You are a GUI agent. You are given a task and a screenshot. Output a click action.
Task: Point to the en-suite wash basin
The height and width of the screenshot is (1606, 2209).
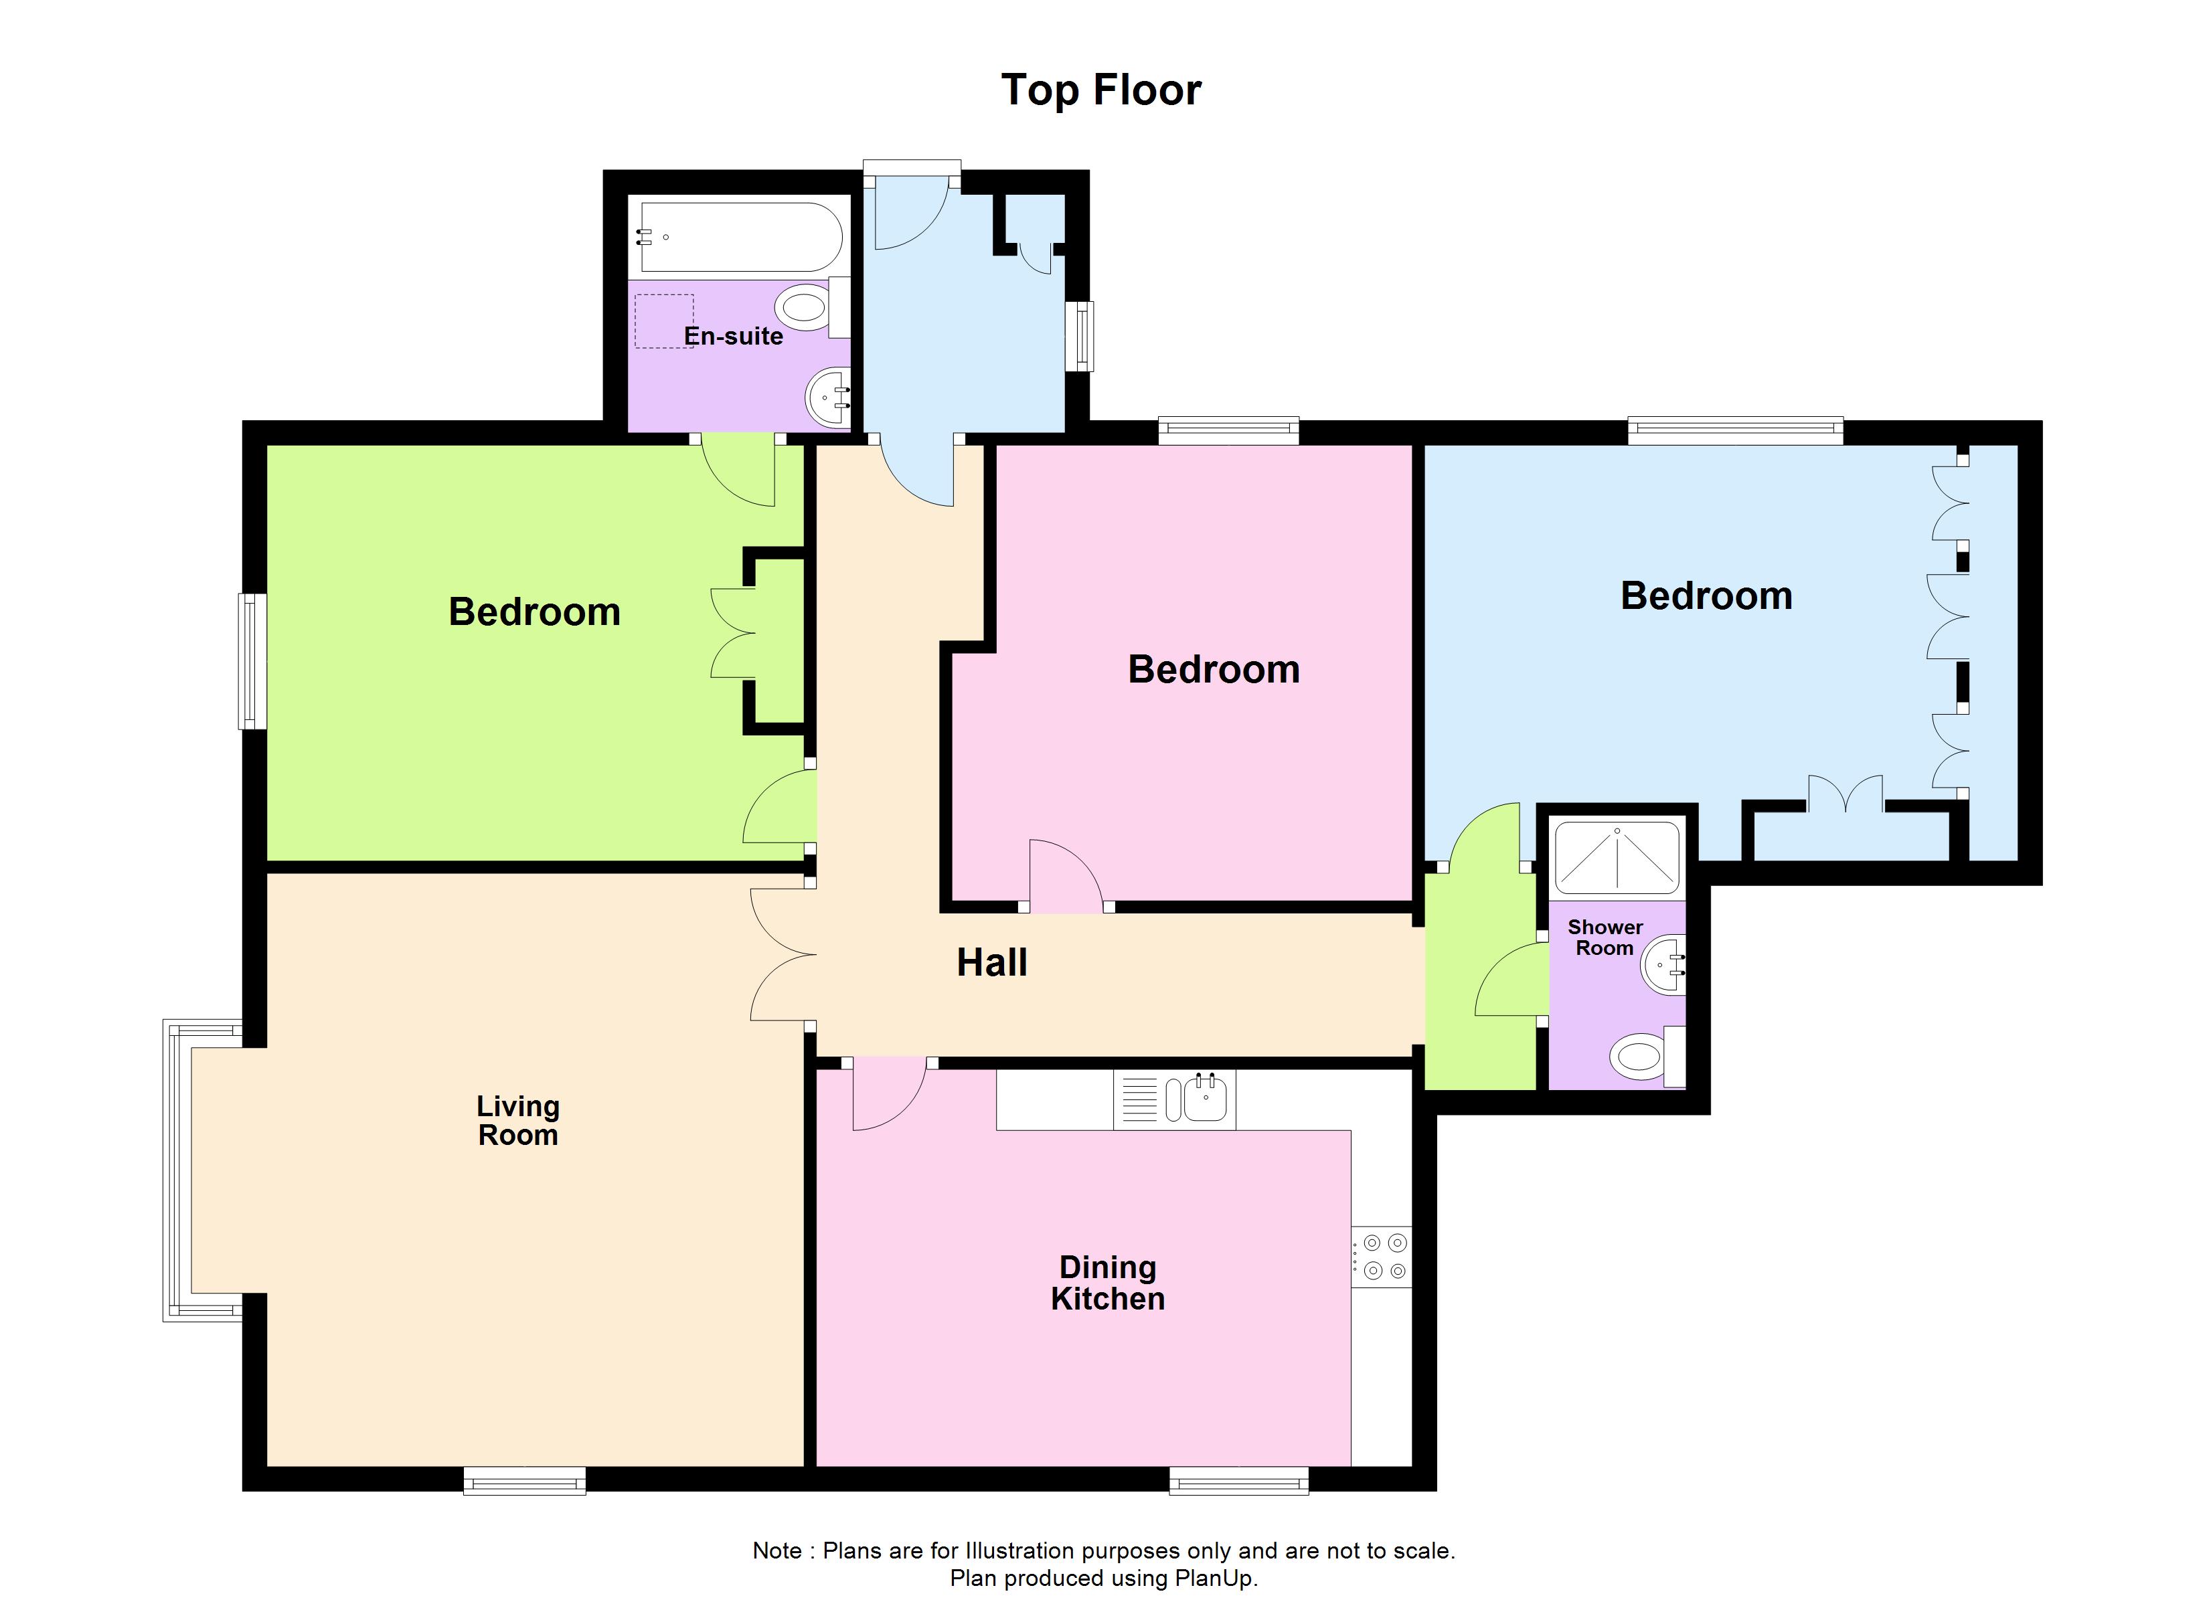pyautogui.click(x=828, y=397)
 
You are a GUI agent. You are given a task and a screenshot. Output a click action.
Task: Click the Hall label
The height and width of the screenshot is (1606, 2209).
pyautogui.click(x=991, y=962)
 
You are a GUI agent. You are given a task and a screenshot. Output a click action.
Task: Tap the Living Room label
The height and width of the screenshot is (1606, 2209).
pyautogui.click(x=517, y=1120)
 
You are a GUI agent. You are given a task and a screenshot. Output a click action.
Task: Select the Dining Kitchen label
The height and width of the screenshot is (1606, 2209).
pyautogui.click(x=1107, y=1283)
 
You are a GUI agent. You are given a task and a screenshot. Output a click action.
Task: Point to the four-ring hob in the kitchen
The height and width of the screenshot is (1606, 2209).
pyautogui.click(x=1383, y=1257)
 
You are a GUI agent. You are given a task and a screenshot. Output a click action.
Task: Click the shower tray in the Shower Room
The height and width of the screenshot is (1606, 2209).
pyautogui.click(x=1617, y=858)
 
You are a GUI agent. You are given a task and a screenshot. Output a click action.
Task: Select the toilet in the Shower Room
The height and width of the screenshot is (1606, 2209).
pyautogui.click(x=1639, y=1057)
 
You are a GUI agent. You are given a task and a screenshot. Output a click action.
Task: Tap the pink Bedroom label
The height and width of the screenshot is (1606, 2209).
pyautogui.click(x=1213, y=669)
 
